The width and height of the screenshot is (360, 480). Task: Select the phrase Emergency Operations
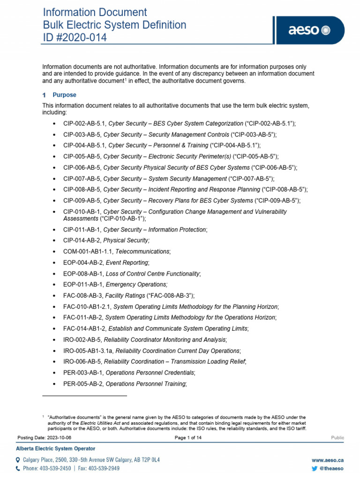(x=136, y=285)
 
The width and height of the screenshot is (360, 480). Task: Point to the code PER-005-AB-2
(x=82, y=384)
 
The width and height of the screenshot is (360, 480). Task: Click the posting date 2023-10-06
(x=59, y=438)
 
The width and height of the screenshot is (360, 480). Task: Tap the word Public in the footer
(x=337, y=438)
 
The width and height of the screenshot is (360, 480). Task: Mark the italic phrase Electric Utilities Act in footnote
(x=99, y=422)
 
